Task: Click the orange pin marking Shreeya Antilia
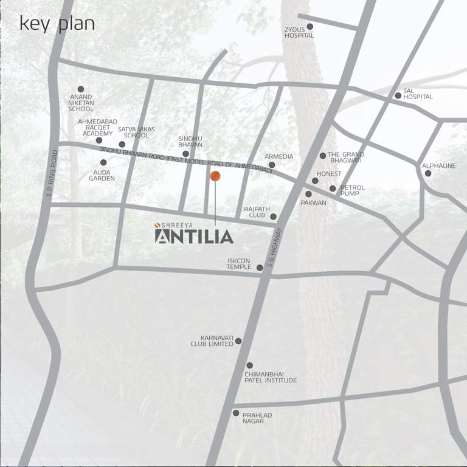click(x=215, y=176)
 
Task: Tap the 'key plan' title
click(x=57, y=24)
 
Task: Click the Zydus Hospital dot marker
click(x=310, y=27)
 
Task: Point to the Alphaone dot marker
click(x=428, y=173)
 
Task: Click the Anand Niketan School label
click(x=81, y=102)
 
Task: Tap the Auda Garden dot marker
click(x=103, y=162)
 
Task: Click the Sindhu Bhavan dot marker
click(x=185, y=154)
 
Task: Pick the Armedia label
click(x=278, y=156)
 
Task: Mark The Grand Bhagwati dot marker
click(x=323, y=156)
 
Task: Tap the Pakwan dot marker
click(x=308, y=194)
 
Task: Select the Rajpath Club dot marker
click(x=273, y=216)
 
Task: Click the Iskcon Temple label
click(x=239, y=264)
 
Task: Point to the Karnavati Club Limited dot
click(x=238, y=341)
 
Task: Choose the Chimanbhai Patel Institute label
click(x=271, y=377)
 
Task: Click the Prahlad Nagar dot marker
click(x=236, y=413)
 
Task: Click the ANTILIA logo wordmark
click(x=194, y=236)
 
